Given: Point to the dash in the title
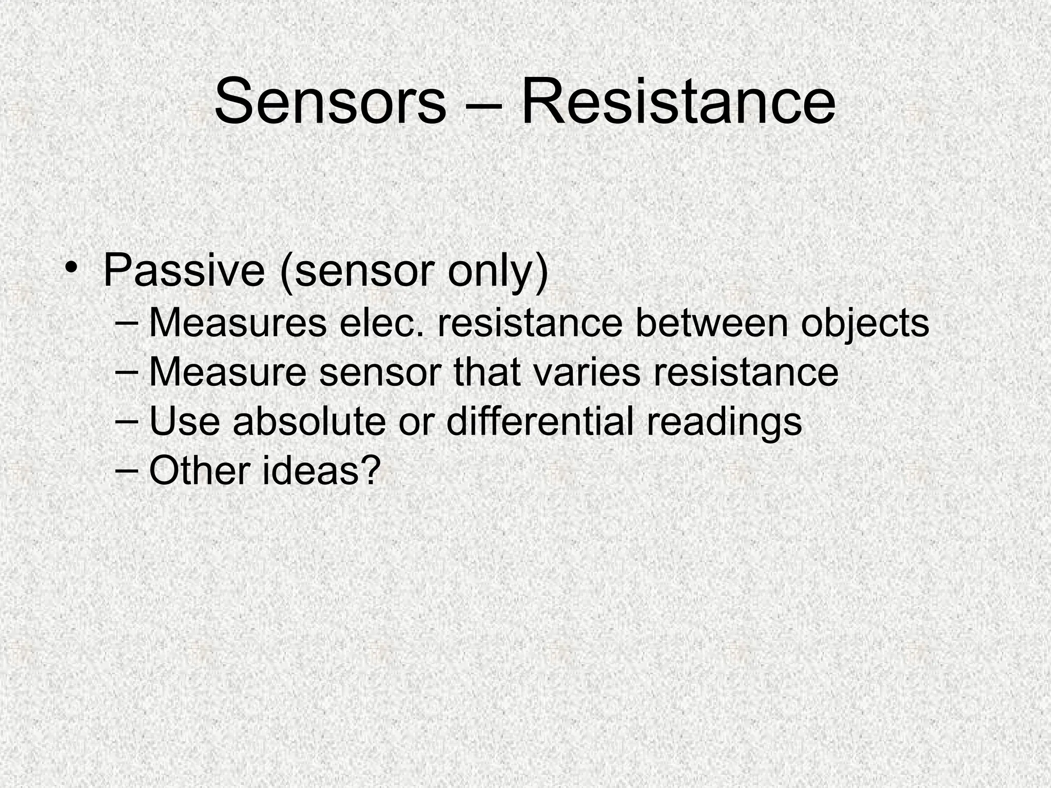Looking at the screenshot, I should pyautogui.click(x=483, y=105).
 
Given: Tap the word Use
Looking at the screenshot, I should pyautogui.click(x=185, y=421).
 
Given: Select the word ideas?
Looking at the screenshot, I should pyautogui.click(x=321, y=470).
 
